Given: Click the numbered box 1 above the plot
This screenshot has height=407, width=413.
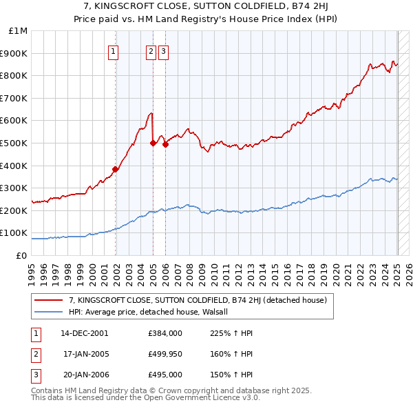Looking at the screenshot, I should [x=112, y=50].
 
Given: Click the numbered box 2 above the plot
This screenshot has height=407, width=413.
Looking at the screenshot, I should [x=151, y=50].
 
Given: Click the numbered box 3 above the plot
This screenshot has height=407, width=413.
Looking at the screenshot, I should [x=163, y=50].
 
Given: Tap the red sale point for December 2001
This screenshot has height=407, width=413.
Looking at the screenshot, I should [x=116, y=169].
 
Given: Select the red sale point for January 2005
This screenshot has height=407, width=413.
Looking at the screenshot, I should [x=153, y=143].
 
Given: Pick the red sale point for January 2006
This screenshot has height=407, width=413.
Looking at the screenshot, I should [x=165, y=144].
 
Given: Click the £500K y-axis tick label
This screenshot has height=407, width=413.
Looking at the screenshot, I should [x=15, y=143].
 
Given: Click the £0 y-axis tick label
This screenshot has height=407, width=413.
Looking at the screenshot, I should [x=21, y=255].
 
